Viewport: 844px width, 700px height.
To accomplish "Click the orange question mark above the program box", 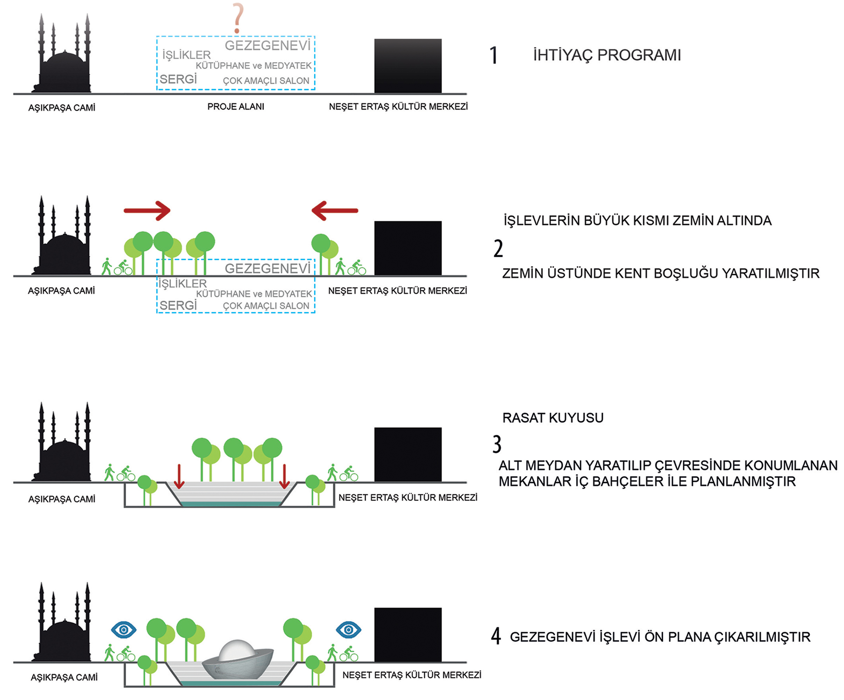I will coord(238,18).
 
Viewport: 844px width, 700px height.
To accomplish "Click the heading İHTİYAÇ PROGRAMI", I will coord(607,55).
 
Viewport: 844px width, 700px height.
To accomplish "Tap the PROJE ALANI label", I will coord(235,107).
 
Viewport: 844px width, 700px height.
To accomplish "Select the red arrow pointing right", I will coord(147,211).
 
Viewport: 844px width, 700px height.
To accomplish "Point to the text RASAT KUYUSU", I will coord(553,418).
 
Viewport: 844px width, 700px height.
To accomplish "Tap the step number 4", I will coord(496,637).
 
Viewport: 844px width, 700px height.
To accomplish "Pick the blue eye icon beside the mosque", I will coord(124,630).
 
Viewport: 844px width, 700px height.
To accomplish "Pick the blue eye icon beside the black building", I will coord(349,630).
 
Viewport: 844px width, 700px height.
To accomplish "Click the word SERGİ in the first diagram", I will coord(178,79).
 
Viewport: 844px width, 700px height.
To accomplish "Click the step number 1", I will coord(494,55).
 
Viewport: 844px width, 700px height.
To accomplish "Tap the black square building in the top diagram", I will coord(407,66).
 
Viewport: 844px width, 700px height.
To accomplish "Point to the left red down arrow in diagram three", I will coord(179,476).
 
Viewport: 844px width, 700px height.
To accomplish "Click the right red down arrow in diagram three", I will coord(284,476).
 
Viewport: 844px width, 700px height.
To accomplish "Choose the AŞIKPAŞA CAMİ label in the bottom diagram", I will coord(64,677).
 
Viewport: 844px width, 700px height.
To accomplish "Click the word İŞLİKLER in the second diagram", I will coord(183,284).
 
